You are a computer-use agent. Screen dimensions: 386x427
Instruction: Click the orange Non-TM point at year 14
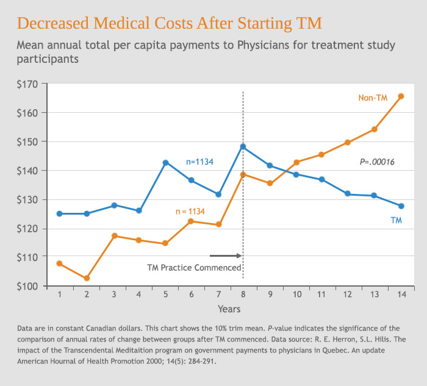click(401, 96)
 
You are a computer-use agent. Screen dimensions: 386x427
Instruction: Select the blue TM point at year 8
click(243, 146)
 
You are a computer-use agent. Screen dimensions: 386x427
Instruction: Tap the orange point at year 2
click(87, 278)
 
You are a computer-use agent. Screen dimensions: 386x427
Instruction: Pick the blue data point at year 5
click(165, 162)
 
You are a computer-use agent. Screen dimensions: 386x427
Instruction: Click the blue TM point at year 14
click(401, 206)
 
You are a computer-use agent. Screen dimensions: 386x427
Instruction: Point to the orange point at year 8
click(243, 174)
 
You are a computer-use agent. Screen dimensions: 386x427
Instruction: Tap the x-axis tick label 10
click(296, 295)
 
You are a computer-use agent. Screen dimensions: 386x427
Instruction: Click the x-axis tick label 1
click(60, 295)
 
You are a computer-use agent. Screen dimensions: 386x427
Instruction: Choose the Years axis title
click(229, 309)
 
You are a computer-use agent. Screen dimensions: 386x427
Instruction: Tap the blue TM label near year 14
click(396, 220)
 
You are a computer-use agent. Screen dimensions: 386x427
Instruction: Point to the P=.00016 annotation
click(377, 162)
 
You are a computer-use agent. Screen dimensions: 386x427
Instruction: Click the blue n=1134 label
click(201, 162)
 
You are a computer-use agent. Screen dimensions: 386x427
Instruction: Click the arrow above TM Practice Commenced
click(226, 256)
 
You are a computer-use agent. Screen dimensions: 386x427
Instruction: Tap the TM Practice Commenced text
click(194, 267)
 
